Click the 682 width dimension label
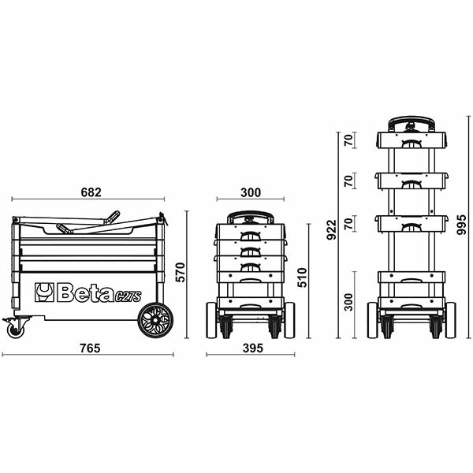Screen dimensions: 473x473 pos(91,192)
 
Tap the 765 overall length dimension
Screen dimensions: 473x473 pos(90,348)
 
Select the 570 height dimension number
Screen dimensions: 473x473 pos(181,273)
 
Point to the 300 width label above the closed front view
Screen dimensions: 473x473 pos(251,192)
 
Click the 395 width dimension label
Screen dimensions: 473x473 pos(253,348)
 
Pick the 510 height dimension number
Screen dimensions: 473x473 pos(302,277)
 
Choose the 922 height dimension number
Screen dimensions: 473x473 pos(332,230)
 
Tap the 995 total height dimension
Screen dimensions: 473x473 pos(461,225)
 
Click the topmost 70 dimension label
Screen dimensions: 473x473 pos(348,140)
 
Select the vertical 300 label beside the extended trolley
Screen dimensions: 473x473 pos(348,302)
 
